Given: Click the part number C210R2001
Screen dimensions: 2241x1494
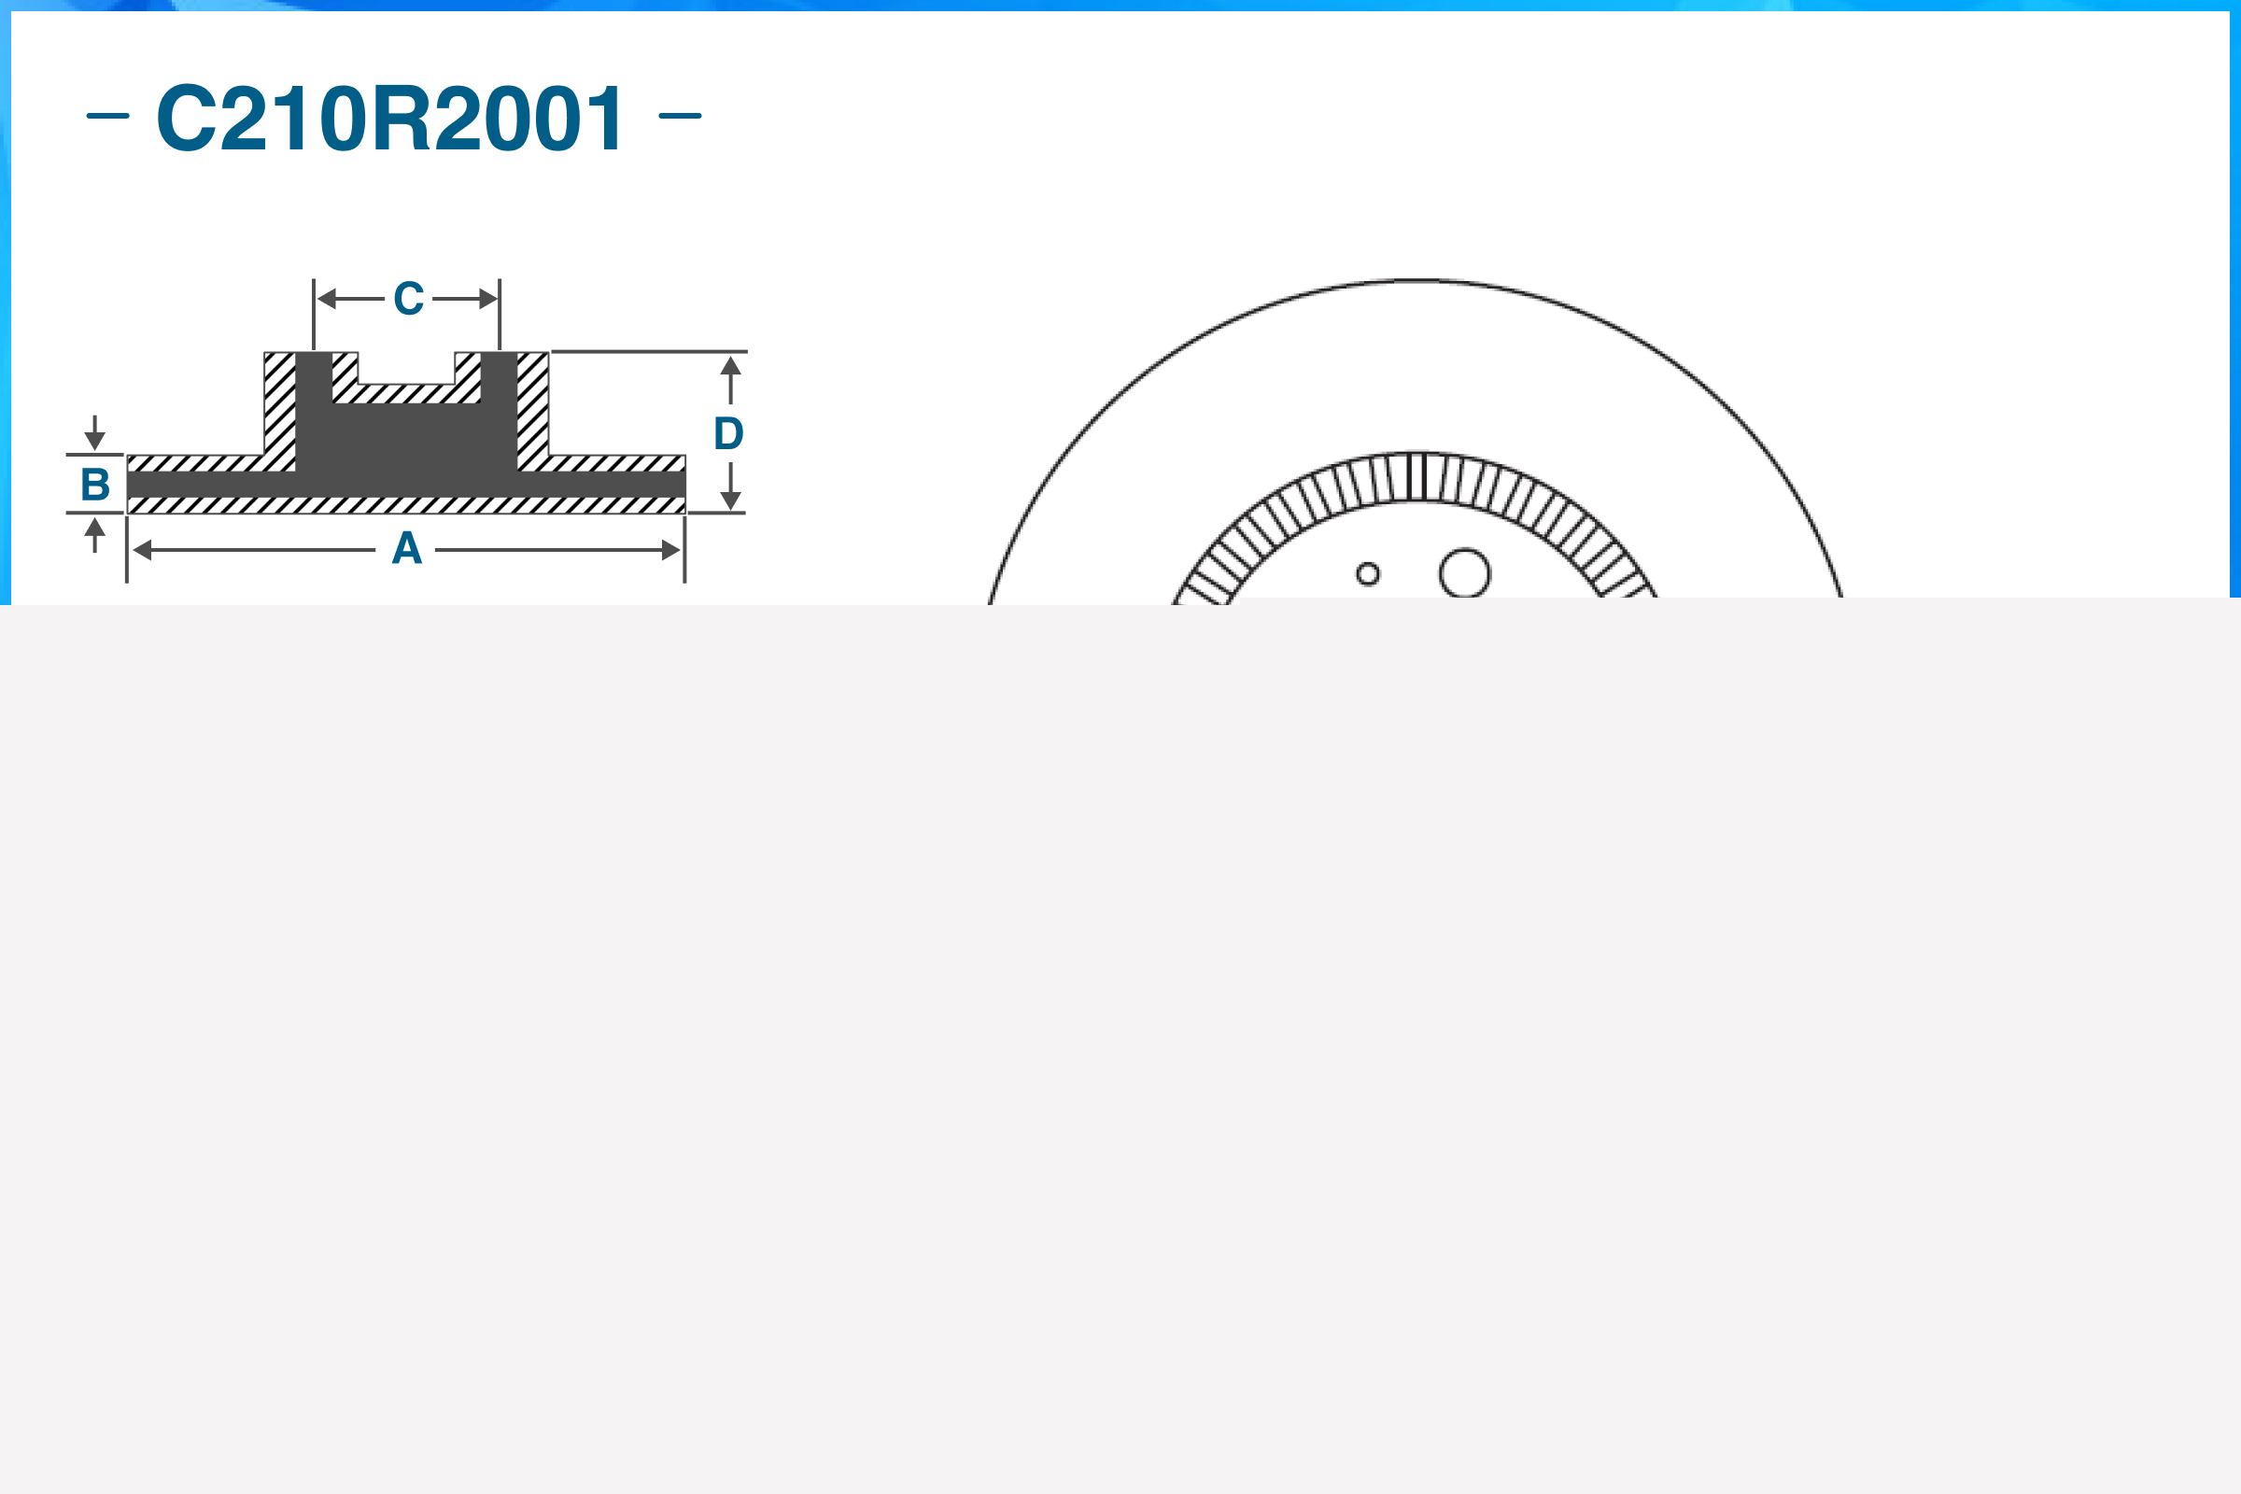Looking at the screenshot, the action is point(389,119).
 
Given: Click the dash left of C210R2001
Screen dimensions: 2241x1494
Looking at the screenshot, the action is point(107,116).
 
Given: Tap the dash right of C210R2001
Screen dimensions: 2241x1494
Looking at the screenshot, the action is point(680,116).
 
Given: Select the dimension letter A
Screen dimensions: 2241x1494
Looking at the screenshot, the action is point(407,549).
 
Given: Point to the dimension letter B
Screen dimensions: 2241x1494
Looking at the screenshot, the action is point(95,484).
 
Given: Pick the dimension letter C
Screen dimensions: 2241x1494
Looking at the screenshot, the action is point(409,298).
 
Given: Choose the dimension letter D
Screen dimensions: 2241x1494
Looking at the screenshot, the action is point(729,433).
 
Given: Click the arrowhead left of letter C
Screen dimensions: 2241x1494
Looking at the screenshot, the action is point(327,299).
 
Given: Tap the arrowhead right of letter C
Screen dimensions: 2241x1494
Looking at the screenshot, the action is point(487,299).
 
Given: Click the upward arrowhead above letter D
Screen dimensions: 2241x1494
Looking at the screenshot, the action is point(731,367).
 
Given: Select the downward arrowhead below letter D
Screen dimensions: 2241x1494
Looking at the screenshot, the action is point(731,500).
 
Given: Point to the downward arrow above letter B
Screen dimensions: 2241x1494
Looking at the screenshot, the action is point(94,439).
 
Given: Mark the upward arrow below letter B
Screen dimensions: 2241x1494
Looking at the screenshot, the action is point(94,528).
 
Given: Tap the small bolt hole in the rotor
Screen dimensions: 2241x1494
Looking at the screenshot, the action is point(1368,573).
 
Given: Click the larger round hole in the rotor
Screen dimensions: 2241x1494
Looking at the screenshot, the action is point(1464,573).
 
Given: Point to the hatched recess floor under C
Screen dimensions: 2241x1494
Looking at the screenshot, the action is point(407,393).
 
